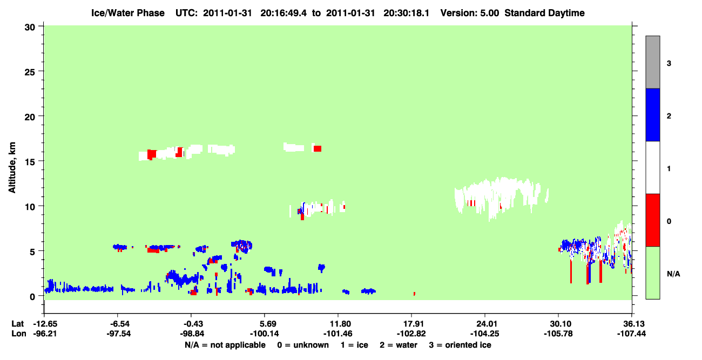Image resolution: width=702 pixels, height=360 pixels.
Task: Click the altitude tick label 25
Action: (30, 72)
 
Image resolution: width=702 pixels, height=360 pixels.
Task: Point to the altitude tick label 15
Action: (30, 162)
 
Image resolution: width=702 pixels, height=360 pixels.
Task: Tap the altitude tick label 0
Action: (32, 297)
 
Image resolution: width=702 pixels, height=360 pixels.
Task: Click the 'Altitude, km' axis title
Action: (12, 167)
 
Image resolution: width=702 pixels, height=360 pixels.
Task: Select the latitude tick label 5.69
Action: (264, 324)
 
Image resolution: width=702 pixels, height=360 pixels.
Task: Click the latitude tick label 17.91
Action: (411, 324)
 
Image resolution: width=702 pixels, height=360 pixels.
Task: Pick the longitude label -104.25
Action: (485, 334)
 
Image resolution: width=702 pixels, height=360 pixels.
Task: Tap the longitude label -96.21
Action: (45, 334)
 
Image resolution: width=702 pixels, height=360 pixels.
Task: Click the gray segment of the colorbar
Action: (652, 62)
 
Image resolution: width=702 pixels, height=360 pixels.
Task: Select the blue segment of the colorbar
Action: (652, 115)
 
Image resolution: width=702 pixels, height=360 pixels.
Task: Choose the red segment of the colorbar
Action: (652, 220)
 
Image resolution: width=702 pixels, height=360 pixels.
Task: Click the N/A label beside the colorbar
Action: (673, 274)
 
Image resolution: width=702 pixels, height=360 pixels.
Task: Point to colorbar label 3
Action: (669, 64)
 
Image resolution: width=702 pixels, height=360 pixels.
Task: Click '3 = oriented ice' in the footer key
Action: (460, 345)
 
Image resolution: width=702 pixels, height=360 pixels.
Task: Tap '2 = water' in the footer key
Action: (399, 345)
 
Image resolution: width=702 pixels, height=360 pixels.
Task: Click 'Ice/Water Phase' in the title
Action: (128, 13)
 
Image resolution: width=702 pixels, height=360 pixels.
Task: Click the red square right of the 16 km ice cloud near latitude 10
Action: (318, 148)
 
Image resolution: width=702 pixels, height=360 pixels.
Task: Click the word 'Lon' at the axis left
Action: (19, 334)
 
